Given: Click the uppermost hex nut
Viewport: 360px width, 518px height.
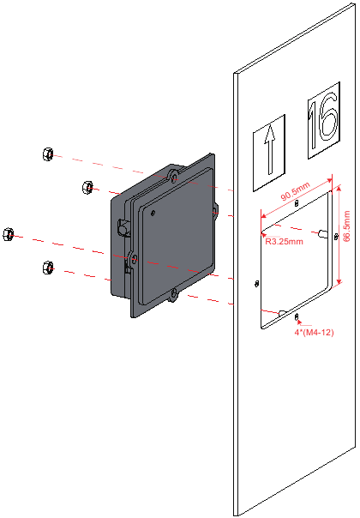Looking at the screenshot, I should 47,154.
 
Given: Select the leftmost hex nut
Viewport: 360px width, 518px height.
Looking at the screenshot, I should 9,233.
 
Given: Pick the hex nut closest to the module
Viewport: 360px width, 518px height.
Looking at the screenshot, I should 86,186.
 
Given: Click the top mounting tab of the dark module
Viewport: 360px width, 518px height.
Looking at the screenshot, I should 174,174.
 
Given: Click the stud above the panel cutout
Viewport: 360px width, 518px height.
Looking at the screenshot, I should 297,204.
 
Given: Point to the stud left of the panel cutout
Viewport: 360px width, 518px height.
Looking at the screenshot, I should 257,283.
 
